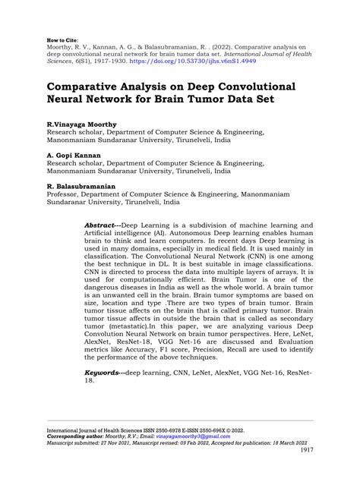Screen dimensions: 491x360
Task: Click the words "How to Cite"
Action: (x=62, y=36)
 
